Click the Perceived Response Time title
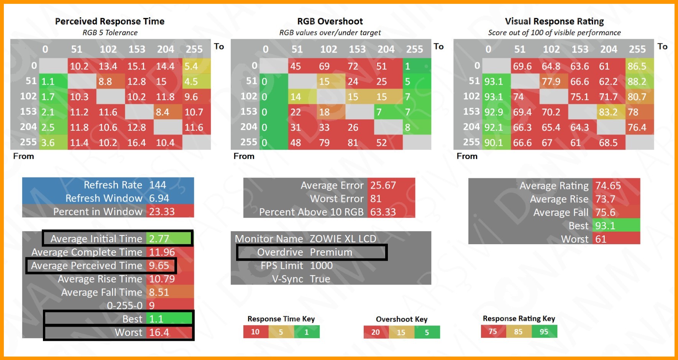click(110, 21)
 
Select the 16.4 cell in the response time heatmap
click(137, 143)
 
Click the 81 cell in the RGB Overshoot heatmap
click(353, 143)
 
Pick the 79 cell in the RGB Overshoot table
click(324, 143)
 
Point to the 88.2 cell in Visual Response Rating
click(637, 82)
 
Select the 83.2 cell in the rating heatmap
click(608, 112)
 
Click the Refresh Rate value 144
click(158, 185)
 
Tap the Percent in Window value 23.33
click(162, 212)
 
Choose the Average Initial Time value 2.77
click(159, 239)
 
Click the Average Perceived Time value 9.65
click(159, 266)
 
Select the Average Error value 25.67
click(383, 185)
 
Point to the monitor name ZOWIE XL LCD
click(343, 239)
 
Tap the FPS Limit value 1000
click(321, 266)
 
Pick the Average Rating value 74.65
click(608, 186)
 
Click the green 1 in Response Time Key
click(307, 332)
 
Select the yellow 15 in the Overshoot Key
click(401, 332)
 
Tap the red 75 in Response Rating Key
click(493, 332)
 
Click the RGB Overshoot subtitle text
click(330, 33)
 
